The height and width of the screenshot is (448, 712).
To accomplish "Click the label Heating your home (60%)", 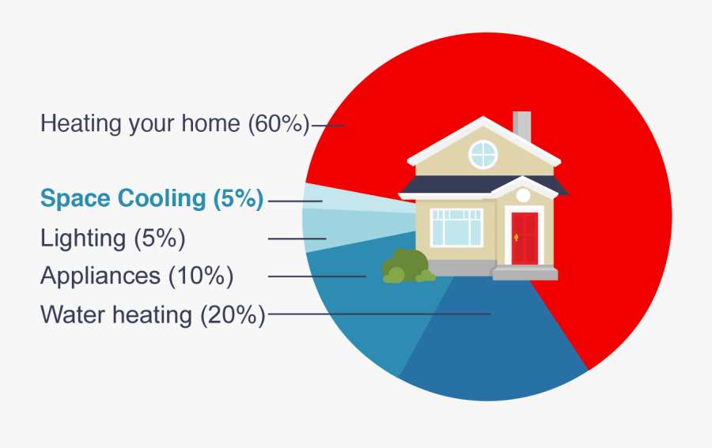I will (x=174, y=124).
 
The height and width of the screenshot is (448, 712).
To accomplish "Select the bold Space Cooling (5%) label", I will (x=151, y=199).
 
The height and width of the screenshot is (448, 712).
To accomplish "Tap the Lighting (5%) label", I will (x=112, y=238).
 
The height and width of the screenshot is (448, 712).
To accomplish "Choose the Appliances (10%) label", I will (x=137, y=276).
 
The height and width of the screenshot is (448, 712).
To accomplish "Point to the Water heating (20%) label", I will (x=152, y=314).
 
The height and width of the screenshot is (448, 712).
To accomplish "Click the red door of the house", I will (x=524, y=238).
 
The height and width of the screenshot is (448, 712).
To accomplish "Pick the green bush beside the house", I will (x=405, y=266).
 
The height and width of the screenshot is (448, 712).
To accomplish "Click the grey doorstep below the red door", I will (x=525, y=273).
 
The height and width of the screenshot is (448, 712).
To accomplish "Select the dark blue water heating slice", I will (x=490, y=348).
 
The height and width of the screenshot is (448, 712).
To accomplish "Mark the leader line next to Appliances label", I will (x=316, y=276).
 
